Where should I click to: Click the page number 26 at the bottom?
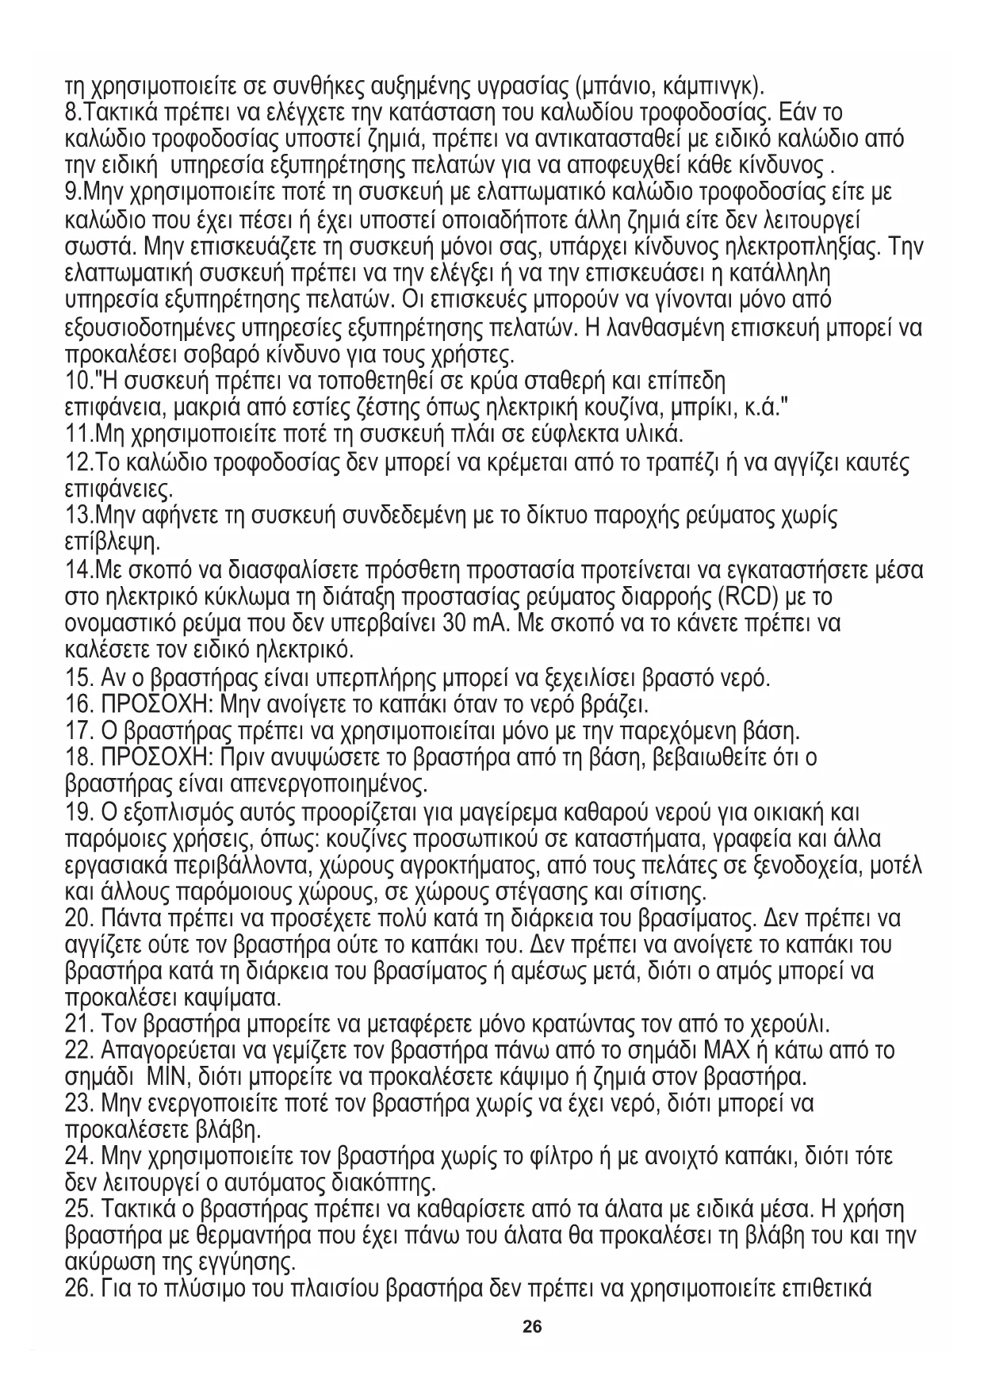532,1326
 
